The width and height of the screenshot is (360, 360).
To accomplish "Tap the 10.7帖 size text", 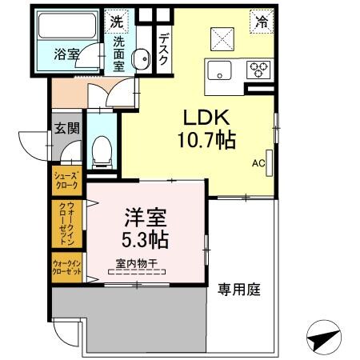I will pyautogui.click(x=206, y=141).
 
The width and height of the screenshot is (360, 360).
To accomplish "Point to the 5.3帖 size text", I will pyautogui.click(x=145, y=238).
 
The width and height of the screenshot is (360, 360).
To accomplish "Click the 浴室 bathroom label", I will pyautogui.click(x=66, y=56).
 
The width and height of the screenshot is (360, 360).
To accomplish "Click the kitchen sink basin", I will pyautogui.click(x=219, y=70).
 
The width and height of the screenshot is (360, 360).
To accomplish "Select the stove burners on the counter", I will pyautogui.click(x=258, y=68).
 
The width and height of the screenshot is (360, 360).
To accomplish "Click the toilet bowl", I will pyautogui.click(x=102, y=149).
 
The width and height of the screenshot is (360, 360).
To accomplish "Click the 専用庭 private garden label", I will pyautogui.click(x=239, y=289).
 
